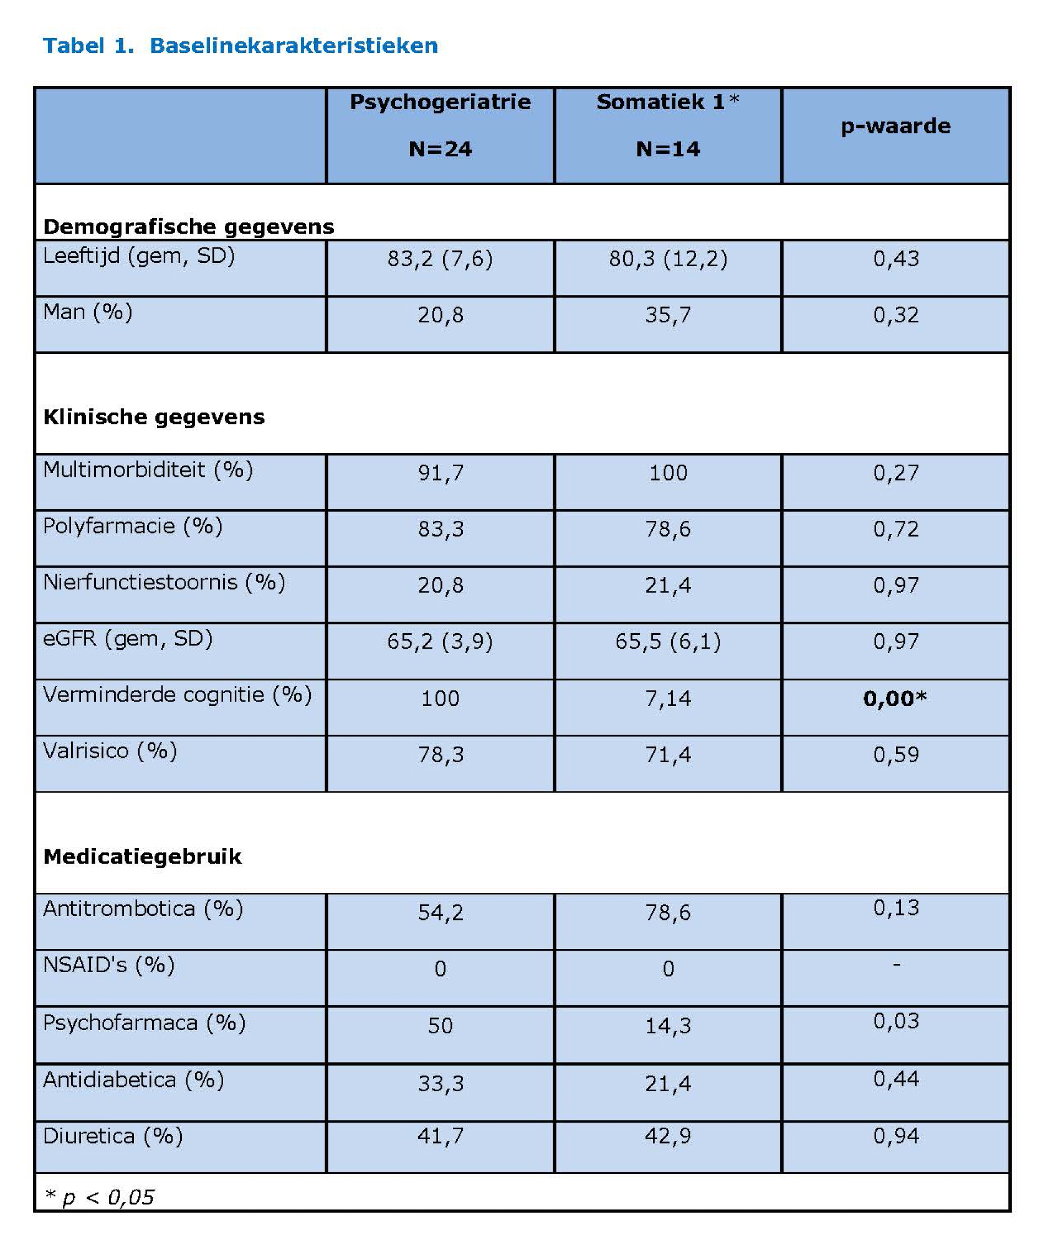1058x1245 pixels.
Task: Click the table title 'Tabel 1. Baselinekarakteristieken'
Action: (240, 46)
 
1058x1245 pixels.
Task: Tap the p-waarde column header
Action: (895, 127)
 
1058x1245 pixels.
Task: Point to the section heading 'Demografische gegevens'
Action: (188, 227)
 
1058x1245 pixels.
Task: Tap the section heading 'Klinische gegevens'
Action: (154, 417)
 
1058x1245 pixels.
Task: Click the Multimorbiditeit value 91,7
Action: (440, 473)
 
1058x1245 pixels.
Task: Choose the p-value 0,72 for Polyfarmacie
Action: (895, 529)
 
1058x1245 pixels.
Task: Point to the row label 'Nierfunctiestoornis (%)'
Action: (164, 583)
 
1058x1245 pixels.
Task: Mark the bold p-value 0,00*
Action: (894, 699)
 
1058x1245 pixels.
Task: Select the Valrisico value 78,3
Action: (440, 755)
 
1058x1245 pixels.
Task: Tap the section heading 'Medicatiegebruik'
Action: (142, 856)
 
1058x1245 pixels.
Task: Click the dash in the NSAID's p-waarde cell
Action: (896, 965)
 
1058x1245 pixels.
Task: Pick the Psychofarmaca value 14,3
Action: (667, 1026)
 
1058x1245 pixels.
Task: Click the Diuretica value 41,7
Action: (440, 1136)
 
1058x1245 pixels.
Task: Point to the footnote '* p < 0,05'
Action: (100, 1198)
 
